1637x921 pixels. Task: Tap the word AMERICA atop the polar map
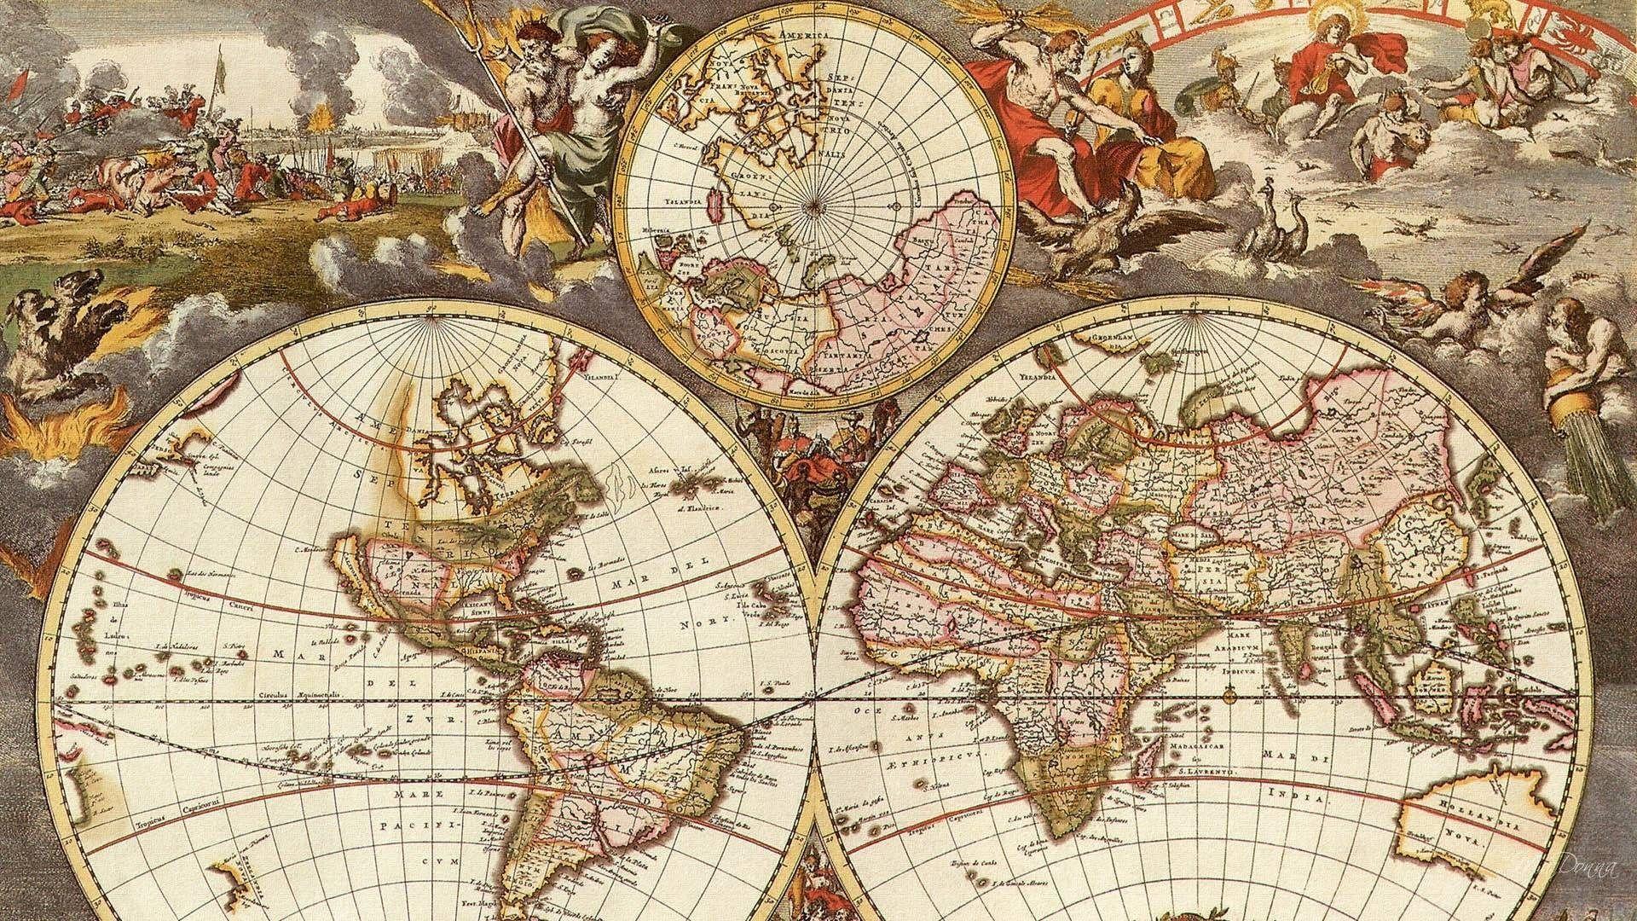803,35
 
